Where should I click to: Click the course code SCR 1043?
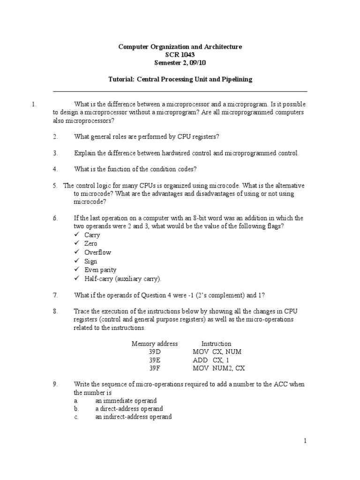[x=180, y=55]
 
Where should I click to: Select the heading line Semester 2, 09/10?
[x=180, y=63]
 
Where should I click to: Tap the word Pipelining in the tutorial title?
[x=236, y=79]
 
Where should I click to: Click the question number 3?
[x=55, y=153]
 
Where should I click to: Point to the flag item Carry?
[x=92, y=235]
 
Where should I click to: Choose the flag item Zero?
[x=91, y=244]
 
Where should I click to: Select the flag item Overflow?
[x=97, y=252]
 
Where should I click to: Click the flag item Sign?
[x=90, y=261]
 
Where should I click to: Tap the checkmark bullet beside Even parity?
[x=77, y=270]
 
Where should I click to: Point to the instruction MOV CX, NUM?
[x=217, y=352]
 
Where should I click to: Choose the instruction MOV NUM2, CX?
[x=218, y=368]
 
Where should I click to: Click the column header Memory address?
[x=155, y=344]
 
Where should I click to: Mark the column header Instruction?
[x=216, y=344]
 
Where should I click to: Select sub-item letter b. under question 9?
[x=75, y=409]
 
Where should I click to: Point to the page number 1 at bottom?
[x=305, y=441]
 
